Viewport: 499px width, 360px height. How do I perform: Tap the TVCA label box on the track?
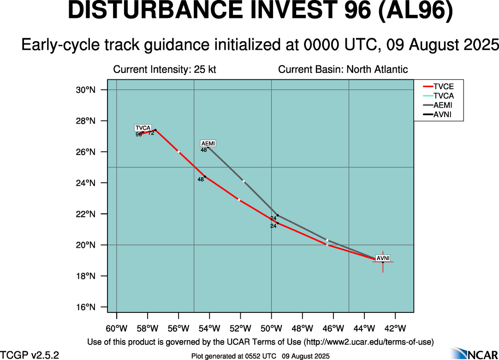pyautogui.click(x=143, y=128)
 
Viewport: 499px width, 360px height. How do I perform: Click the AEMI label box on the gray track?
pyautogui.click(x=208, y=144)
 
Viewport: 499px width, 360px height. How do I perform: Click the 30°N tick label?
pyautogui.click(x=85, y=90)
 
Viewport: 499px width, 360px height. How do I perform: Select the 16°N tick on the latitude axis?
pyautogui.click(x=85, y=307)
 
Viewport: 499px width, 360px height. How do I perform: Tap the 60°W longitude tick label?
pyautogui.click(x=116, y=329)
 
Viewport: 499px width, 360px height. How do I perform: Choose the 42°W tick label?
pyautogui.click(x=395, y=329)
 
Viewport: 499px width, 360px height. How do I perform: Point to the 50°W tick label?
pyautogui.click(x=271, y=329)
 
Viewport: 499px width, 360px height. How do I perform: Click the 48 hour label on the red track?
pyautogui.click(x=201, y=180)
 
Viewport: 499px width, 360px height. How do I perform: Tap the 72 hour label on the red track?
pyautogui.click(x=151, y=133)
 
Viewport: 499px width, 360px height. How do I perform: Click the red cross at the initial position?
pyautogui.click(x=383, y=262)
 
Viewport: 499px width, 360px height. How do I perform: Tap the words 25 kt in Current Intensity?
pyautogui.click(x=205, y=70)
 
